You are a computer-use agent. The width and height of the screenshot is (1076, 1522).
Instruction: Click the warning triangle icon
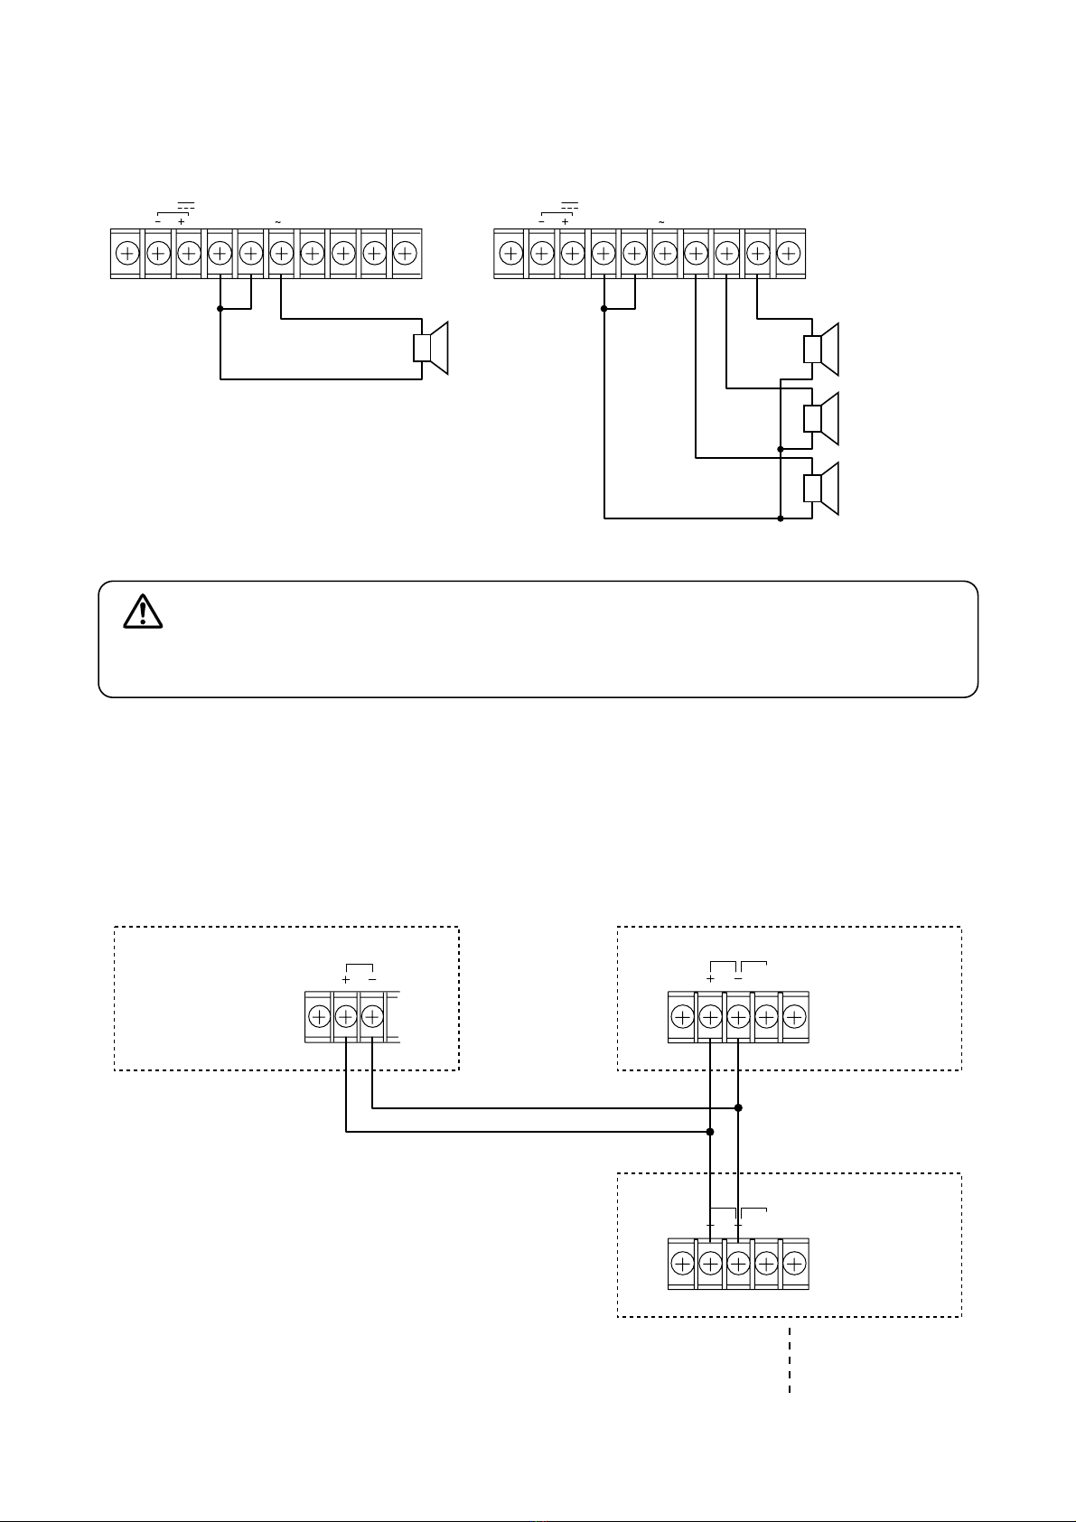(x=142, y=612)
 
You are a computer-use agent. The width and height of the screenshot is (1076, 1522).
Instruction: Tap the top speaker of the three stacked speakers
(x=822, y=349)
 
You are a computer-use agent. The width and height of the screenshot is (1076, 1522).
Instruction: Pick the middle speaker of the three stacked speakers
(x=822, y=418)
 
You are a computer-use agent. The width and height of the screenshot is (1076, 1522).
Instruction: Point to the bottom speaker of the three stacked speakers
(x=822, y=489)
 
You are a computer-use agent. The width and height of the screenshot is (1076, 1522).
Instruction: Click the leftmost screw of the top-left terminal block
(x=127, y=252)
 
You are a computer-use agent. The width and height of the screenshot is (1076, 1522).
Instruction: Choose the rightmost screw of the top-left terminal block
(x=406, y=252)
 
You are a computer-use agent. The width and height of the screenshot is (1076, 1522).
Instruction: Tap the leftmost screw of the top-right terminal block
(x=510, y=252)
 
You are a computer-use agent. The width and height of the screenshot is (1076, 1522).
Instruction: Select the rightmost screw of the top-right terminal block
(x=789, y=252)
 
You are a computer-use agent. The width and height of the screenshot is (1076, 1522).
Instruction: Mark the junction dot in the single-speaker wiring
(x=220, y=308)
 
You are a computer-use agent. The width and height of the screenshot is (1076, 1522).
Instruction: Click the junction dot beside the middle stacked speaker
(x=781, y=448)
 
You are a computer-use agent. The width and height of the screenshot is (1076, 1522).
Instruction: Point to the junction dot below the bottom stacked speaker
(x=781, y=518)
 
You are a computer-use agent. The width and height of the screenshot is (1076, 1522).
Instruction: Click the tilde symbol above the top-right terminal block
(x=661, y=222)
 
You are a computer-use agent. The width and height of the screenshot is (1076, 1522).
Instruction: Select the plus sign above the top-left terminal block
(x=182, y=222)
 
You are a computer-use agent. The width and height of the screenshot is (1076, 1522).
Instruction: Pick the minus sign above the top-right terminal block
(x=541, y=222)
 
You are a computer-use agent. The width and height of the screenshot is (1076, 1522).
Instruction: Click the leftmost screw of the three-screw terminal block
(x=319, y=1017)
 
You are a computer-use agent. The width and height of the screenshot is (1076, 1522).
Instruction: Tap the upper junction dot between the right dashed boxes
(x=738, y=1106)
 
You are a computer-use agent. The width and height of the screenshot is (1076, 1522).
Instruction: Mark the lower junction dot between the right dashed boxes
(x=710, y=1131)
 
